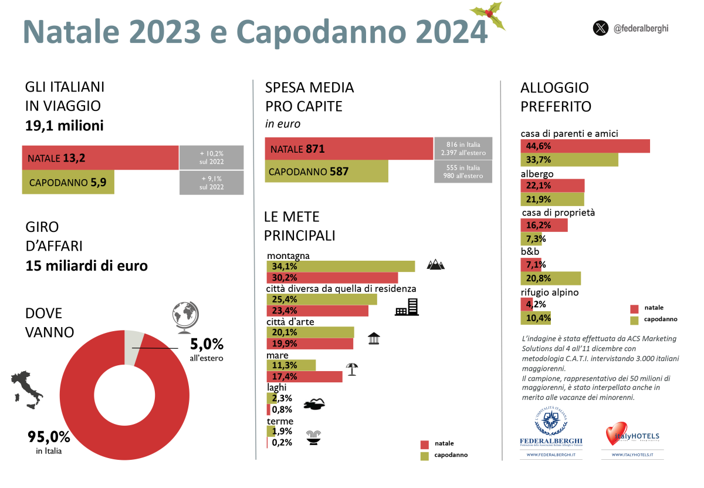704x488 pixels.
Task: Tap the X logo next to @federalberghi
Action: pyautogui.click(x=600, y=28)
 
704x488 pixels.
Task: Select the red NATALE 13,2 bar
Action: pyautogui.click(x=100, y=157)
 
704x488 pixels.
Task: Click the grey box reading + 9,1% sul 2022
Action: pyautogui.click(x=211, y=183)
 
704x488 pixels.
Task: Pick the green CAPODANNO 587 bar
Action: pyautogui.click(x=326, y=171)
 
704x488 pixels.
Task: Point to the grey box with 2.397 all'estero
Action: pyautogui.click(x=463, y=147)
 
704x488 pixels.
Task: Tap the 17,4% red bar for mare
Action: pyautogui.click(x=304, y=376)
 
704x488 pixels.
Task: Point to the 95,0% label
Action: pyautogui.click(x=49, y=437)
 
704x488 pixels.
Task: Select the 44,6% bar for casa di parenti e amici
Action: pyautogui.click(x=585, y=146)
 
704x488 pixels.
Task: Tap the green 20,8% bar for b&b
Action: pyautogui.click(x=550, y=278)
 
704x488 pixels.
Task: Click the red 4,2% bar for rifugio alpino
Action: pyautogui.click(x=527, y=304)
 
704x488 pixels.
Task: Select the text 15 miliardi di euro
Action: pyautogui.click(x=87, y=265)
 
